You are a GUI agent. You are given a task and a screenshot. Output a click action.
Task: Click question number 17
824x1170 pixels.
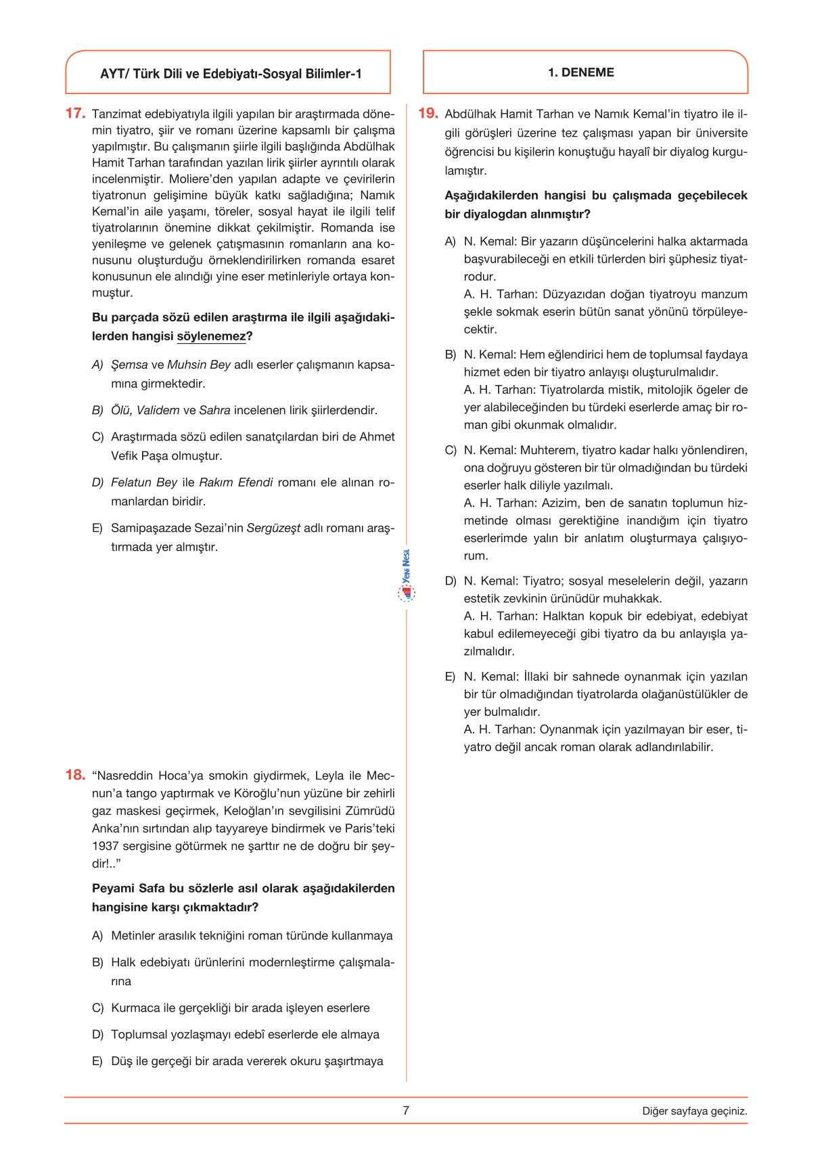[x=75, y=114]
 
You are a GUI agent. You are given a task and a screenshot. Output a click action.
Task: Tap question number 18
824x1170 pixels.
[x=75, y=775]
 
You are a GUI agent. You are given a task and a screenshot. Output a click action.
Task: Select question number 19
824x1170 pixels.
[x=428, y=114]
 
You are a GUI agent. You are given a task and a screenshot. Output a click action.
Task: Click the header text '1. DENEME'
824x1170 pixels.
[x=580, y=72]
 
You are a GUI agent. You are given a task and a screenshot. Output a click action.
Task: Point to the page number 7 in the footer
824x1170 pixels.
[x=406, y=1110]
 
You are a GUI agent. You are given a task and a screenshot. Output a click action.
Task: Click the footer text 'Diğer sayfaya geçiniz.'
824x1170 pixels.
[x=695, y=1111]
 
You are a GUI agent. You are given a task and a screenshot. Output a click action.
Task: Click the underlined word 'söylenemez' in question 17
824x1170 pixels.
[x=211, y=336]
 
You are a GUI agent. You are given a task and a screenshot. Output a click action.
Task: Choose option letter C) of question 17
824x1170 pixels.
[x=98, y=437]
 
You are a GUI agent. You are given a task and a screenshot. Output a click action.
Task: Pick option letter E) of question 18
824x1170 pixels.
[x=98, y=1061]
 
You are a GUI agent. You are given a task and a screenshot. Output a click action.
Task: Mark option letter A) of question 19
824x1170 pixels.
[x=451, y=242]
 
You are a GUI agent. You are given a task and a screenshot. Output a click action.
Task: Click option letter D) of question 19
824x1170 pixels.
[x=451, y=581]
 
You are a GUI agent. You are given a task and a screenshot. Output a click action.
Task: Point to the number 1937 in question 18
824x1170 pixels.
[x=106, y=846]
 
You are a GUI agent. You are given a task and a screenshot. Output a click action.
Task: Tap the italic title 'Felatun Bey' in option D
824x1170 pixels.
[x=144, y=482]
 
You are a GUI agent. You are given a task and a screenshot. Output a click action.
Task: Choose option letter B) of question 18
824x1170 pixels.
[x=98, y=962]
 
